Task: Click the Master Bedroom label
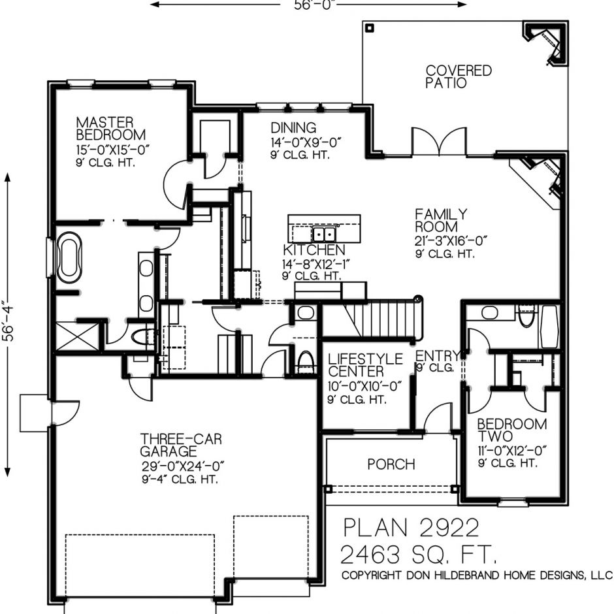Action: click(111, 129)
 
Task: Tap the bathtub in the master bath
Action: click(69, 257)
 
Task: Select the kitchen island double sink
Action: click(324, 234)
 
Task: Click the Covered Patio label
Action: click(459, 77)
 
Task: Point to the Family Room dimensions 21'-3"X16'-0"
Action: click(451, 241)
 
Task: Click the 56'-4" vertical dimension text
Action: click(8, 321)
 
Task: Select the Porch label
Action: click(391, 464)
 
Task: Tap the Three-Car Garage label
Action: click(181, 445)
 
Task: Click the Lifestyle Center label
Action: click(365, 365)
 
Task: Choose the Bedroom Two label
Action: click(512, 430)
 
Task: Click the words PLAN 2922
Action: click(411, 528)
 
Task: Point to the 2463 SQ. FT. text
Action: click(419, 555)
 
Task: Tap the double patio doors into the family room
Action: click(439, 141)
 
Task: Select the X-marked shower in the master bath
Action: click(78, 336)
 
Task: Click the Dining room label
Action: click(293, 127)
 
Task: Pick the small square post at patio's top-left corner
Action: click(370, 28)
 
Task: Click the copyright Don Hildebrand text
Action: click(477, 575)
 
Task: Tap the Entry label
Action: click(437, 356)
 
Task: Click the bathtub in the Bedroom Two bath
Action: click(549, 327)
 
